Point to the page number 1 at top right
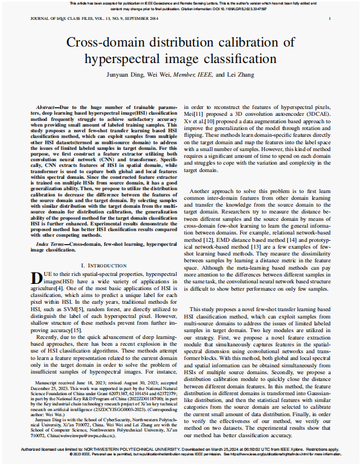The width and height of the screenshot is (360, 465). click(329, 19)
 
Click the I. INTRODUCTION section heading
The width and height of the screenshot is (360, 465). click(103, 266)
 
